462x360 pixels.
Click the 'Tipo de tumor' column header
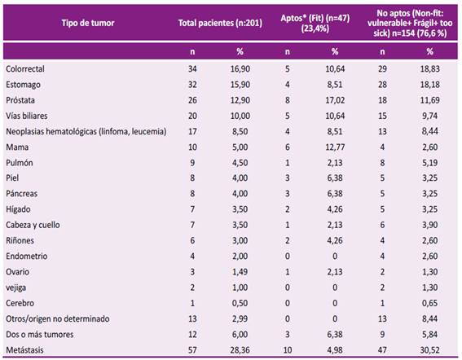[x=88, y=23]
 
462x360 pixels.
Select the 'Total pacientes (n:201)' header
[x=220, y=23]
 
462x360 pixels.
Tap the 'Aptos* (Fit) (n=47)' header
[x=315, y=24]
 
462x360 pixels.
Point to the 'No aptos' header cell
[x=410, y=23]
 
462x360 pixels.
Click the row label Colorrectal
[x=25, y=69]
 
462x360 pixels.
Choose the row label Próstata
[x=20, y=100]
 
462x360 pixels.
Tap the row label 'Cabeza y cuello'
[x=33, y=225]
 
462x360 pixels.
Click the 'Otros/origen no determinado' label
[x=58, y=318]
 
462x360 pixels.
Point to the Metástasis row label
[x=24, y=350]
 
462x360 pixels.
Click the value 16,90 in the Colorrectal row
[x=240, y=69]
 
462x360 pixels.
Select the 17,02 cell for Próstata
[x=335, y=100]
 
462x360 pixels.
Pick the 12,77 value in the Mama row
[x=335, y=147]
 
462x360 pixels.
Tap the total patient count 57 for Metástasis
[x=192, y=350]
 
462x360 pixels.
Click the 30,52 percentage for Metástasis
[x=430, y=350]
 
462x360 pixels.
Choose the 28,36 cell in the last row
[x=240, y=350]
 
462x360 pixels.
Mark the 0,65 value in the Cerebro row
[x=430, y=303]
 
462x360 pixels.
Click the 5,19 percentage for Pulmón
[x=430, y=163]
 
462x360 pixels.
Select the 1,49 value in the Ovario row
[x=240, y=272]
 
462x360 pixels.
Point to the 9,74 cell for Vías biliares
[x=430, y=116]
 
